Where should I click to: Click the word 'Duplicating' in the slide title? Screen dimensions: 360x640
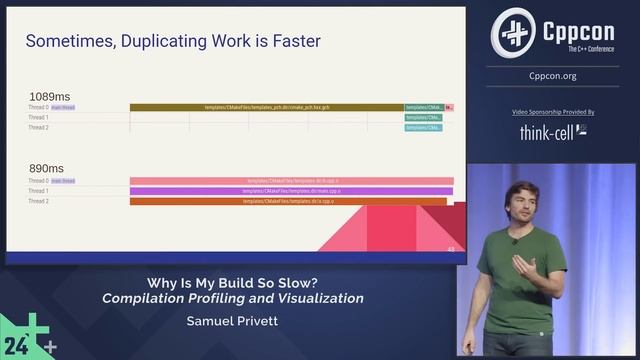[x=151, y=41]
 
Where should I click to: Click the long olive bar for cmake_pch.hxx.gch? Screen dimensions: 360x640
[x=266, y=107]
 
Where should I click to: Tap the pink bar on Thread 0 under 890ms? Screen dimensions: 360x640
[x=291, y=181]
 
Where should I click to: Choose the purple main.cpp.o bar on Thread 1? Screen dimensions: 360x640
[x=291, y=191]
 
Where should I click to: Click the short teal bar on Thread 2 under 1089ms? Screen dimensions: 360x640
[x=424, y=128]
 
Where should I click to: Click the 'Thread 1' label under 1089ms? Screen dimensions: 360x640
[x=38, y=118]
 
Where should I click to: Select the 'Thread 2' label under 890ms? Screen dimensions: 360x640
[x=38, y=201]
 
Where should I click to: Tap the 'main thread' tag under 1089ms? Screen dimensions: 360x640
[x=63, y=107]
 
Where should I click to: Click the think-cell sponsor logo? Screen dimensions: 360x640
[x=553, y=131]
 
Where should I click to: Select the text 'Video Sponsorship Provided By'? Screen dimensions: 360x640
[x=553, y=113]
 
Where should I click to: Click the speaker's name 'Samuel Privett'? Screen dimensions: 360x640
[x=232, y=321]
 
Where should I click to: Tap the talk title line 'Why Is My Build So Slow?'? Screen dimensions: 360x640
[x=232, y=282]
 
